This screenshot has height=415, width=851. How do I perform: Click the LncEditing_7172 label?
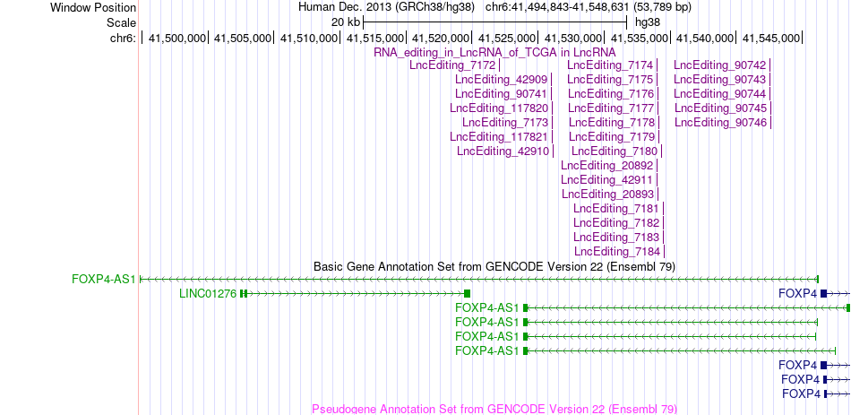[452, 65]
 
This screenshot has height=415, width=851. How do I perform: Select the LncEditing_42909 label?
[502, 80]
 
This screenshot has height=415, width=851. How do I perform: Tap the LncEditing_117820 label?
[499, 108]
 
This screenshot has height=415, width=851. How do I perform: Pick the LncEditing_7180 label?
[615, 151]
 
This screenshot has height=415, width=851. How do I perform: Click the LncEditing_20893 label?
[608, 194]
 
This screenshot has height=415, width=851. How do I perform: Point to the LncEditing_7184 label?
[617, 252]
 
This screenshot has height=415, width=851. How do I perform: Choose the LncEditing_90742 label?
[719, 65]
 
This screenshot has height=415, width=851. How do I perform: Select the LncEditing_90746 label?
[721, 123]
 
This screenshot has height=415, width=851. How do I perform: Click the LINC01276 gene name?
[208, 294]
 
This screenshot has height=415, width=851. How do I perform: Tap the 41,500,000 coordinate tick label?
[177, 38]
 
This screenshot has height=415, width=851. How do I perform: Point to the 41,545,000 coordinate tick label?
[771, 38]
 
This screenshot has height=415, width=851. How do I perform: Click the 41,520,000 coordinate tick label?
[442, 38]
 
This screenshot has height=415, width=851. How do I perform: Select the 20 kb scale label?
[346, 22]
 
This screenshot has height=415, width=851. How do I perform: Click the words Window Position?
[93, 7]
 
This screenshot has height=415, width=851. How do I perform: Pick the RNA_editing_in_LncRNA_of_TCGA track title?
[495, 52]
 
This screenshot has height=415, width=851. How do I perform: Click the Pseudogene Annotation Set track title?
[494, 409]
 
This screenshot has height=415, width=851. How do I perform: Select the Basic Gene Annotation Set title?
[494, 267]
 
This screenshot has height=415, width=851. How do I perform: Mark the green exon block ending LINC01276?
[467, 294]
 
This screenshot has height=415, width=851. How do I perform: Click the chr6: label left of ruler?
[123, 38]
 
